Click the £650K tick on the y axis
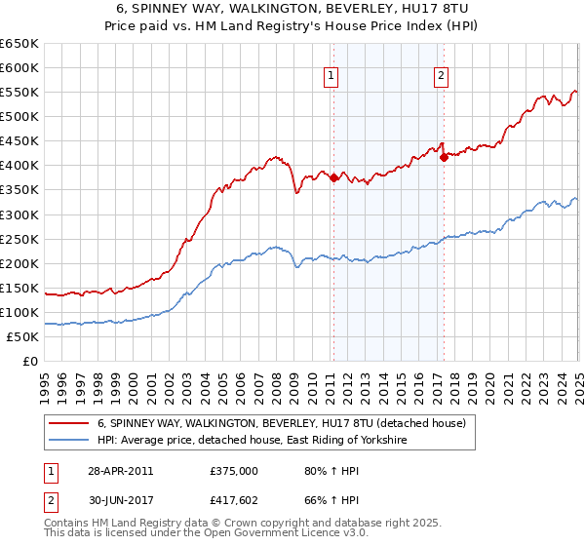pos(19,44)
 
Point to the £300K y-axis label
pos(19,214)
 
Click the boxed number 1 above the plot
pos(331,77)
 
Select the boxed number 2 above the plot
pos(441,77)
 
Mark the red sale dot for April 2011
pos(333,177)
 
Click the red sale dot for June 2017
pos(444,156)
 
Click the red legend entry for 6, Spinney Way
pos(282,424)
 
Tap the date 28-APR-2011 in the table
pos(119,471)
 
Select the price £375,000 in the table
pos(233,471)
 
